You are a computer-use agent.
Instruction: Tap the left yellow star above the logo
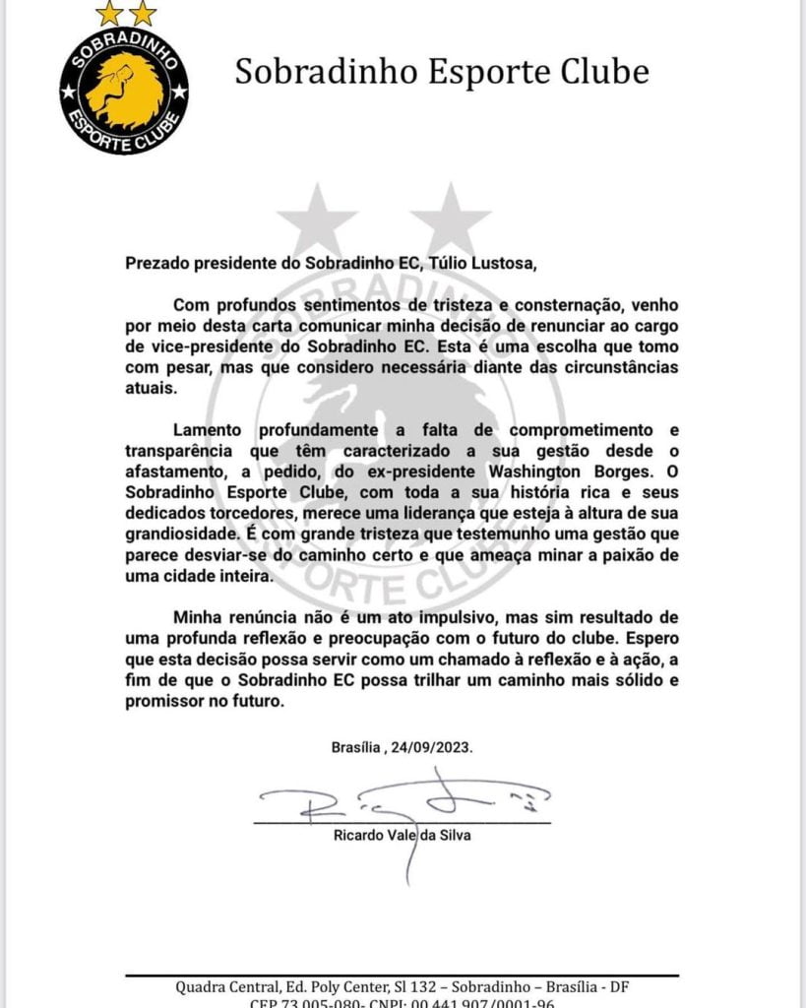110,14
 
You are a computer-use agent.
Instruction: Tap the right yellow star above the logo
143,14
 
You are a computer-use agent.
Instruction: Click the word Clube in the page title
601,73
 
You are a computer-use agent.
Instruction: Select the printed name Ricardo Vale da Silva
403,837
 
